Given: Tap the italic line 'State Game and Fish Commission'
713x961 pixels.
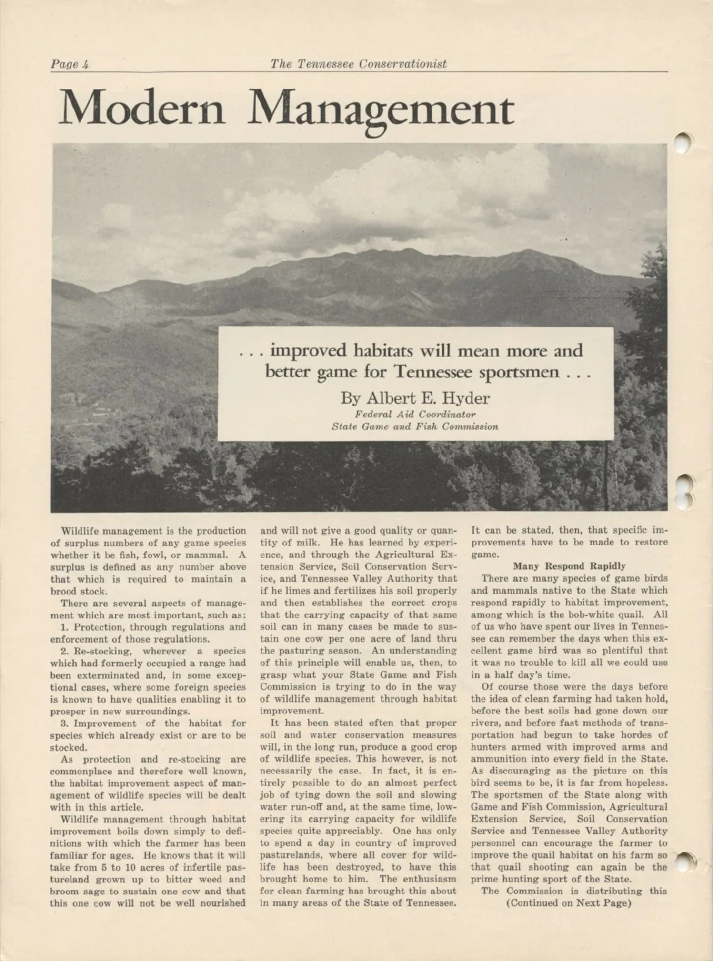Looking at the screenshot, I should [x=415, y=426].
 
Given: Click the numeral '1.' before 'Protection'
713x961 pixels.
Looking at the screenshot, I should [x=64, y=627].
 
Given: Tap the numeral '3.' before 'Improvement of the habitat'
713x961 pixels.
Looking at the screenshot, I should [x=65, y=723].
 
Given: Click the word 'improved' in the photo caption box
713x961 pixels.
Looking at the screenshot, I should [x=308, y=350].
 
